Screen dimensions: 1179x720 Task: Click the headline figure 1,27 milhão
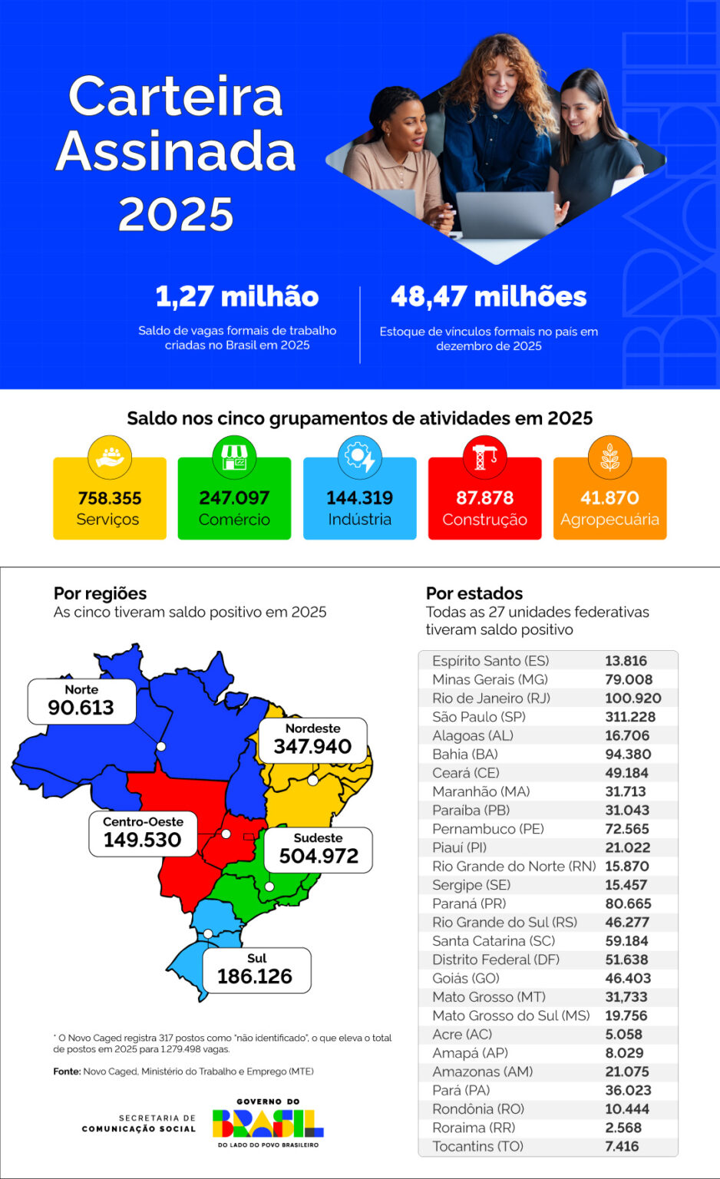pos(236,297)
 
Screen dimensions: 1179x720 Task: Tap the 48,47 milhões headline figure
pos(488,297)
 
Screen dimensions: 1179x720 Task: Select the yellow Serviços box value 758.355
pos(110,498)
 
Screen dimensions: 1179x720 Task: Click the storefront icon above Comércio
pos(234,457)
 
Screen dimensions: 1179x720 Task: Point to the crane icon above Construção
pos(484,457)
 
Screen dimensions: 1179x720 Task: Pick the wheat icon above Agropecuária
pos(609,457)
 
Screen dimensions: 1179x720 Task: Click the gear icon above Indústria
pos(359,457)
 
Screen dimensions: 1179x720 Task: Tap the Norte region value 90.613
pos(81,708)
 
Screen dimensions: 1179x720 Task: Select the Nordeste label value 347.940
pos(312,746)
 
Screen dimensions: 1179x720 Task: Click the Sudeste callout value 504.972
pos(319,856)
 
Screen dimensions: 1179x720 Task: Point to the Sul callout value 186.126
pos(255,976)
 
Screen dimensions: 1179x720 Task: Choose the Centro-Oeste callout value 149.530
pos(142,840)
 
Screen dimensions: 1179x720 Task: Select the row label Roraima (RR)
pos(474,1128)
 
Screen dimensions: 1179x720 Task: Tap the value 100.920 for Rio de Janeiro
pos(632,698)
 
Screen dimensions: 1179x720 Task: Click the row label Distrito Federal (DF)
pos(496,959)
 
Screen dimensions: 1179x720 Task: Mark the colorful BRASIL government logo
pos(267,1124)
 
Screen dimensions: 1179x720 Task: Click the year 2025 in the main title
pos(176,214)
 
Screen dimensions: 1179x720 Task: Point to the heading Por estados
pos(474,593)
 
